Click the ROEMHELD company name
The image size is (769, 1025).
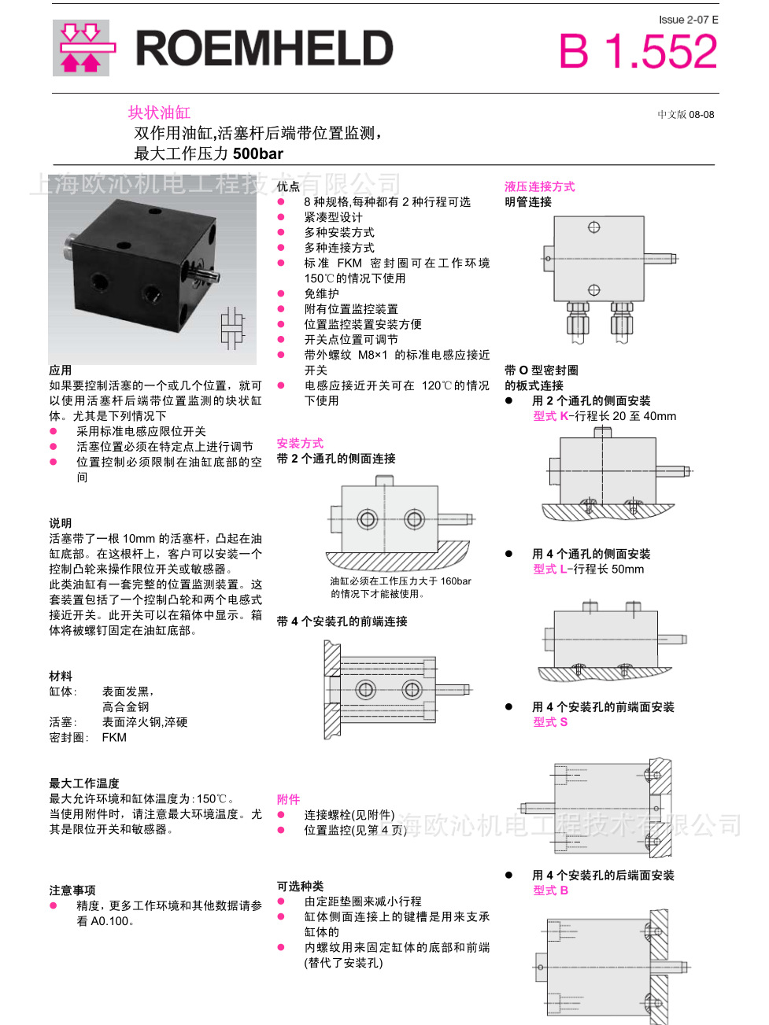(264, 49)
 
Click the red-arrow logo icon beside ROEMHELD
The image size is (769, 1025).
(81, 48)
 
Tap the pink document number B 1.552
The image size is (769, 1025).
(638, 52)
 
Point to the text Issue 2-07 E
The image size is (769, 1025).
(688, 20)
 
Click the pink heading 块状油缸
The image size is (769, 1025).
(159, 112)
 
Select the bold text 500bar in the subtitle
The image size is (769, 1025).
(257, 153)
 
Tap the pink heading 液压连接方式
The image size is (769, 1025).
(539, 186)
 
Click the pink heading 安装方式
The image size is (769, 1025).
(299, 443)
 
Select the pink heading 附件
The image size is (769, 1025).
(288, 799)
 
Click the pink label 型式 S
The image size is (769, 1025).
(549, 721)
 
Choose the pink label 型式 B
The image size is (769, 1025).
(550, 890)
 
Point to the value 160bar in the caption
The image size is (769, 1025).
(456, 581)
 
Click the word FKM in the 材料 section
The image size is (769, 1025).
(114, 737)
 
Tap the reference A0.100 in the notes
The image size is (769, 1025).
(109, 921)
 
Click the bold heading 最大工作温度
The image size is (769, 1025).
(84, 783)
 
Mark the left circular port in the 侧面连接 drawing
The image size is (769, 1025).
(367, 518)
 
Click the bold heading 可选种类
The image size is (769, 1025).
(300, 886)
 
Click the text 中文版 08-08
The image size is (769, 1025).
(686, 114)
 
